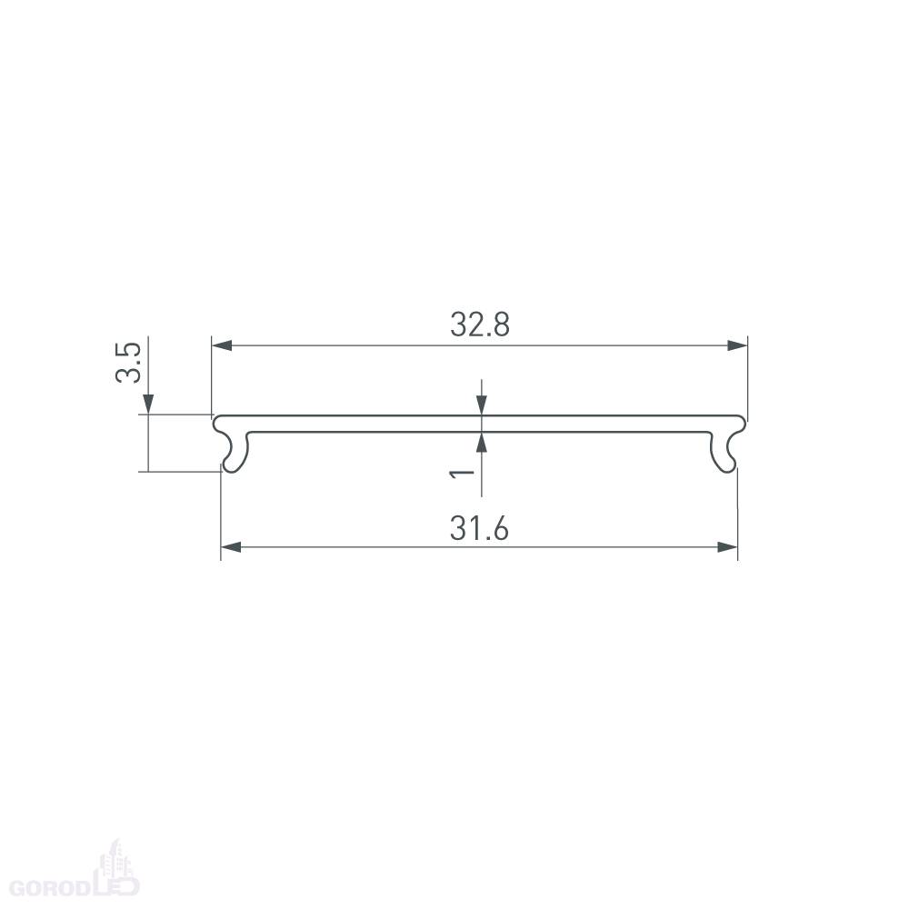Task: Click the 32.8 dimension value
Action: (480, 325)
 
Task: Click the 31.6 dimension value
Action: (479, 529)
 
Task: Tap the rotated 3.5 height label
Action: (129, 363)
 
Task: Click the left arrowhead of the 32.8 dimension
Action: (222, 345)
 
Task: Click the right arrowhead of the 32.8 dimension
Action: (737, 345)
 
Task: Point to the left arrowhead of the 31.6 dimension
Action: (231, 546)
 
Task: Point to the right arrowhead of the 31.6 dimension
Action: (727, 546)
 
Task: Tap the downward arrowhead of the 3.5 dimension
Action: (148, 405)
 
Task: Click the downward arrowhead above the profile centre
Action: (481, 405)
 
